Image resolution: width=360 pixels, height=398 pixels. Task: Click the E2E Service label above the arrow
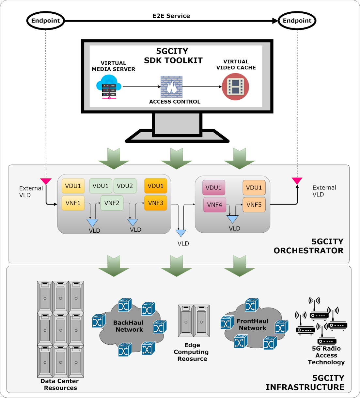(171, 16)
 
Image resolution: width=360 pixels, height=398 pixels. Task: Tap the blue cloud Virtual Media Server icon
(109, 87)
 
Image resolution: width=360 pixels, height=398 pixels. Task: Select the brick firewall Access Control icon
(171, 87)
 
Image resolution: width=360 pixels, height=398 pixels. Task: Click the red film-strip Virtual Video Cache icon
(235, 87)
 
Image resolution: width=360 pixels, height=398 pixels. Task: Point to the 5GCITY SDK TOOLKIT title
(173, 56)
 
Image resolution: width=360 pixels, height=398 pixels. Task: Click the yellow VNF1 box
(73, 203)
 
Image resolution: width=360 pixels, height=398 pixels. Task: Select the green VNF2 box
(112, 203)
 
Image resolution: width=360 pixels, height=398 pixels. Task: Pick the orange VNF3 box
(155, 203)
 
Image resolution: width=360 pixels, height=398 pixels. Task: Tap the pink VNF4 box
(214, 205)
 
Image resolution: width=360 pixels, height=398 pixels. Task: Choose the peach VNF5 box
(254, 205)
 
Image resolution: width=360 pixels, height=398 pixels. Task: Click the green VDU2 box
(125, 186)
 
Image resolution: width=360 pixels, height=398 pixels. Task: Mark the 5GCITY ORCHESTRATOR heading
(308, 246)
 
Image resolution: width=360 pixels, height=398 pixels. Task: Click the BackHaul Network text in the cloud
(129, 326)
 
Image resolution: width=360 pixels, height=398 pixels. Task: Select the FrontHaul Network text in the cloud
(252, 324)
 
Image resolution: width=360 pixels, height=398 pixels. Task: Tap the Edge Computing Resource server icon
(194, 321)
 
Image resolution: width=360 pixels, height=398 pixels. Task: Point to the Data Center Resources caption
(60, 384)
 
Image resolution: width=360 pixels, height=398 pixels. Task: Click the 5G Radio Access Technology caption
(326, 355)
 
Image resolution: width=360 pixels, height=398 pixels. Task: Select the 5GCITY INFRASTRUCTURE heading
(305, 383)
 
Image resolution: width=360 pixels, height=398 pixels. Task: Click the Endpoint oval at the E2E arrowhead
(297, 21)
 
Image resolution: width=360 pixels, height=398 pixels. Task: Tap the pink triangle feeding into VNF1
(46, 181)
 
